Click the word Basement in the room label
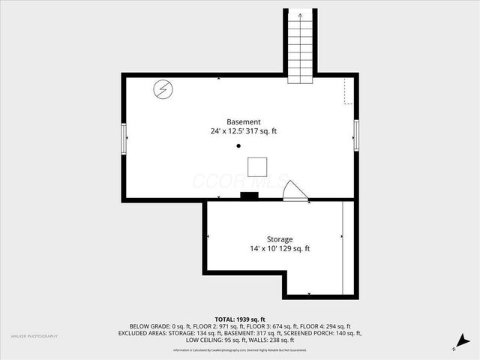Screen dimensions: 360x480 click(244, 121)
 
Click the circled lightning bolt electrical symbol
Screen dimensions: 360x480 click(163, 90)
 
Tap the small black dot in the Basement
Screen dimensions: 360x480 click(239, 146)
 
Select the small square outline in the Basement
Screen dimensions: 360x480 click(258, 166)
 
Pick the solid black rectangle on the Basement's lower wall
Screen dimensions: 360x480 click(249, 196)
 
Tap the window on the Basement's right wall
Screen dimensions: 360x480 click(357, 135)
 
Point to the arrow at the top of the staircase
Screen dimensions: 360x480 click(299, 14)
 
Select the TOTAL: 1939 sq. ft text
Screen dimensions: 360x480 click(240, 319)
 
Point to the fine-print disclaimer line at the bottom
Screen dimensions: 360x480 click(240, 350)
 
